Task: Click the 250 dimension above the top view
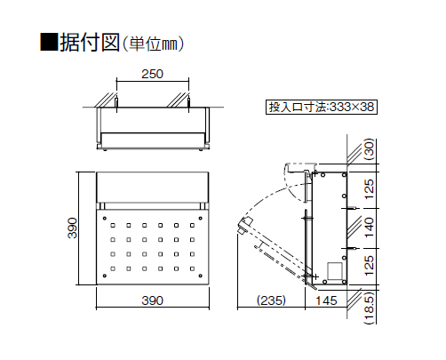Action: pos(152,74)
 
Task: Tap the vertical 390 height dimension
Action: pos(73,228)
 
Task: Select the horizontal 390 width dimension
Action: pos(153,300)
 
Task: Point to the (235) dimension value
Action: pos(272,300)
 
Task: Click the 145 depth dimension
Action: pos(326,300)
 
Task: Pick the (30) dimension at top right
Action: pos(370,149)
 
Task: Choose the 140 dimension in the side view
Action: pos(370,228)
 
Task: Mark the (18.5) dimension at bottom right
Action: pos(370,308)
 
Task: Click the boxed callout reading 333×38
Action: pos(322,107)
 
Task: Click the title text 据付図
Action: pos(90,43)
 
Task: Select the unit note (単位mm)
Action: pos(153,44)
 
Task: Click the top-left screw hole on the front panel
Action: pos(105,219)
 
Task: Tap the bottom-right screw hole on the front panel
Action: pos(201,276)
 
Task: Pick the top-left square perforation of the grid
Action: pos(113,226)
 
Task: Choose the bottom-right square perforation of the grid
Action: pos(192,268)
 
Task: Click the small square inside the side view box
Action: pos(333,270)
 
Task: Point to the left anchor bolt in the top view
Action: pos(116,102)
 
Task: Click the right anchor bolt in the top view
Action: pos(188,102)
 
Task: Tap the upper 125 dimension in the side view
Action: pos(370,189)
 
